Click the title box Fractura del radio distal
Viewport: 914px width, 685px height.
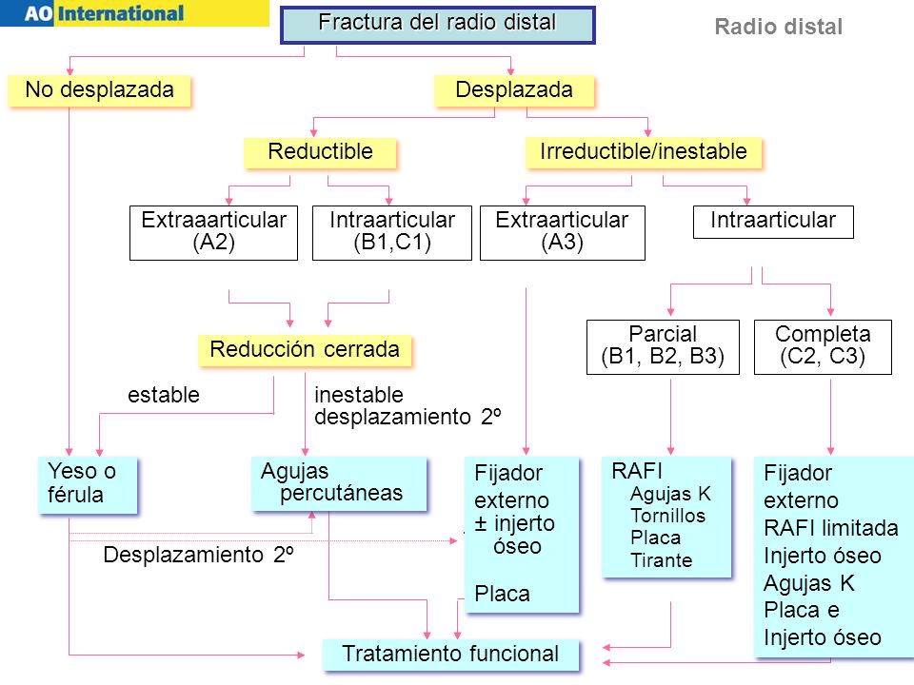point(437,25)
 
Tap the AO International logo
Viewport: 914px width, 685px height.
point(134,12)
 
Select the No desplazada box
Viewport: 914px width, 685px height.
point(100,90)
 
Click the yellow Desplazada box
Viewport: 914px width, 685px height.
point(514,90)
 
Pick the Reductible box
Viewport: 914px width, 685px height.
point(320,152)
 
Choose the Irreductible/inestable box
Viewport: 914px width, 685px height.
point(644,152)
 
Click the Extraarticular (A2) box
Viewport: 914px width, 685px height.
point(214,232)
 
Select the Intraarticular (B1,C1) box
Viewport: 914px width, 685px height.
point(392,232)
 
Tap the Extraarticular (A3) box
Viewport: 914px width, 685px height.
point(563,232)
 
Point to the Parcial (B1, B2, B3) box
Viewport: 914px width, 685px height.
point(664,346)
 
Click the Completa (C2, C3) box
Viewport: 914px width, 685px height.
point(823,346)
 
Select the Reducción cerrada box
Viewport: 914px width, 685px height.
point(305,350)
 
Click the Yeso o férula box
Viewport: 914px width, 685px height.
point(88,485)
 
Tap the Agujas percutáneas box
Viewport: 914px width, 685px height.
point(339,483)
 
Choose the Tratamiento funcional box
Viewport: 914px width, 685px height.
point(451,655)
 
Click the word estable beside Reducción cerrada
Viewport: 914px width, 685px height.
point(164,395)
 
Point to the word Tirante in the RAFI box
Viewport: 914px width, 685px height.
point(662,560)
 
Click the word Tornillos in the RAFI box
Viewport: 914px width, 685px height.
point(668,516)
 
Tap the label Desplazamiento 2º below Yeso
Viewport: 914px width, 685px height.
point(198,555)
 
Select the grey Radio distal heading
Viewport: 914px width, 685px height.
point(779,27)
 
